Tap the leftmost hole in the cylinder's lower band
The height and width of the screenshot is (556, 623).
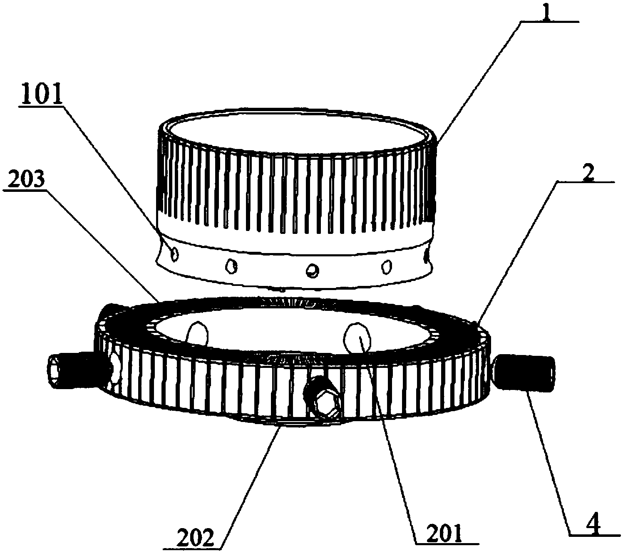(175, 253)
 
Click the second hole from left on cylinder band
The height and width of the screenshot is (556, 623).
(230, 266)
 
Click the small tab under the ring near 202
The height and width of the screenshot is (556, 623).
(294, 424)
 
